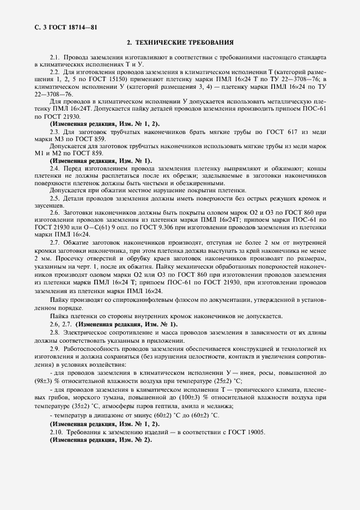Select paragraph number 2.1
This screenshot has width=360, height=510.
[56, 57]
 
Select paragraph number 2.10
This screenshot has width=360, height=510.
[57, 432]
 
